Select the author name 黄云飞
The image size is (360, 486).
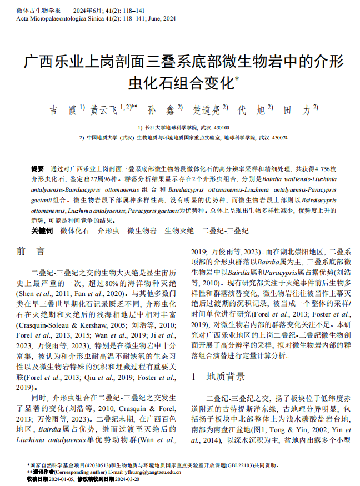click(104, 110)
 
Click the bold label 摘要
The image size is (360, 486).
click(37, 168)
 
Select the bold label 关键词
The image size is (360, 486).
click(42, 231)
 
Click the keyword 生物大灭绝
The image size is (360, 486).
click(179, 231)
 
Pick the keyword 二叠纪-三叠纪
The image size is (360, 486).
click(225, 231)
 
